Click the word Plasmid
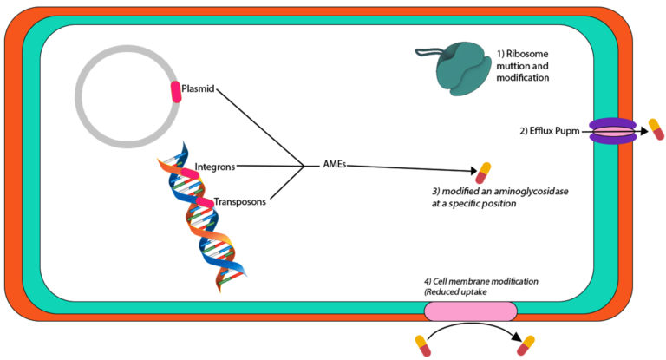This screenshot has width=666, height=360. (x=199, y=88)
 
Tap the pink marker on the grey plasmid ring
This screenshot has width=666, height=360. (x=176, y=92)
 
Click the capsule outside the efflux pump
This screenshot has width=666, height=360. (x=657, y=131)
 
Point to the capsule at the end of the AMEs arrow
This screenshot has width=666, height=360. (x=483, y=172)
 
